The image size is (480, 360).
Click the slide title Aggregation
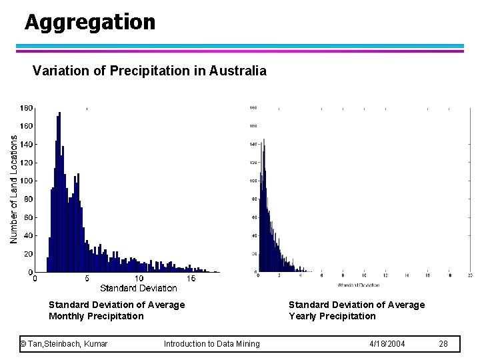click(90, 22)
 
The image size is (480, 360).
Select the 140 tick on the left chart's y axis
click(25, 144)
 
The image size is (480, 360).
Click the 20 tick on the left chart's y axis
click(28, 254)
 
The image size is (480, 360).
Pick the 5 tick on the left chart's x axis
click(87, 279)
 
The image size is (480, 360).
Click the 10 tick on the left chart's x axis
click(139, 279)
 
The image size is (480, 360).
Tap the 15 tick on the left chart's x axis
click(191, 279)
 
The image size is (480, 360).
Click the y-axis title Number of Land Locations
click(14, 189)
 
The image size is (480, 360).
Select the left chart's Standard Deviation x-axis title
click(139, 288)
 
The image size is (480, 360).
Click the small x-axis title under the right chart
click(359, 285)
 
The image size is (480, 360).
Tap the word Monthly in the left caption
click(67, 316)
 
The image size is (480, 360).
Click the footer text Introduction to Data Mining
click(212, 344)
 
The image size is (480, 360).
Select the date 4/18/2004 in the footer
click(387, 344)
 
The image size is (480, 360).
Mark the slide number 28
click(443, 344)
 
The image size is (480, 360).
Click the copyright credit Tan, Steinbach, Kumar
click(64, 344)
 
